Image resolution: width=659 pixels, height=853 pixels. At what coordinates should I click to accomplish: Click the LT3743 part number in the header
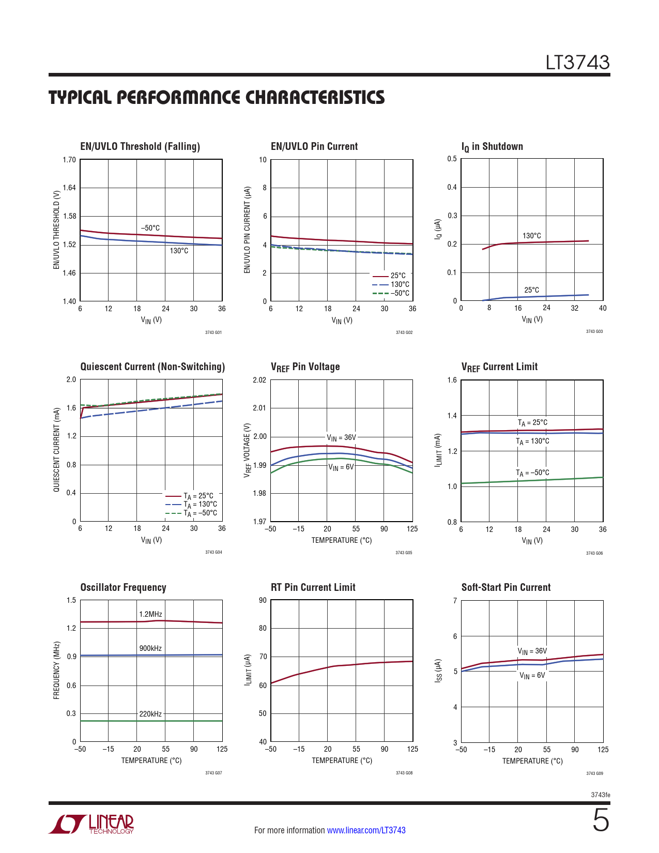pyautogui.click(x=578, y=63)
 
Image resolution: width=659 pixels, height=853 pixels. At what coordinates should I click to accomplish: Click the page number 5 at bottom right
pyautogui.click(x=601, y=820)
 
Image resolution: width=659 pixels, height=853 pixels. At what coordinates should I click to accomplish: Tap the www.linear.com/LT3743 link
pyautogui.click(x=366, y=830)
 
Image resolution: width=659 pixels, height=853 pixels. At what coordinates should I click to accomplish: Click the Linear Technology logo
pyautogui.click(x=91, y=824)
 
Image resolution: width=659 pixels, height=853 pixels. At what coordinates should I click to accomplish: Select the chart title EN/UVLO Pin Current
pyautogui.click(x=314, y=146)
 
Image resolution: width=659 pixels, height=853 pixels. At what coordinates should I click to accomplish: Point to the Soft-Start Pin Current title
pyautogui.click(x=505, y=587)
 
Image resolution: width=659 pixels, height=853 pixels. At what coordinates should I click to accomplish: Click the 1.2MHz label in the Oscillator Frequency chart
pyautogui.click(x=150, y=614)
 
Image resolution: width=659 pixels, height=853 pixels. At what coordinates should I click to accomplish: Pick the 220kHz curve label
pyautogui.click(x=150, y=714)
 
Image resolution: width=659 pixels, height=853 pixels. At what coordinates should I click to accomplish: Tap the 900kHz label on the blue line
pyautogui.click(x=150, y=648)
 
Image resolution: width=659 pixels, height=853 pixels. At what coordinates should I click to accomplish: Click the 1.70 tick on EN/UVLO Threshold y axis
pyautogui.click(x=69, y=160)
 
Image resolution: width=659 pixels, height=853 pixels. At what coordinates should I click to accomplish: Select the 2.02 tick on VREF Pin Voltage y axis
pyautogui.click(x=259, y=380)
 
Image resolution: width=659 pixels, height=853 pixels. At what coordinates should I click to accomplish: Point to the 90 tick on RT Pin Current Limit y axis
pyautogui.click(x=263, y=600)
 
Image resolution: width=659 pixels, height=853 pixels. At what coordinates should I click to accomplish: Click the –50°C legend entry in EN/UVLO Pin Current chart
pyautogui.click(x=400, y=293)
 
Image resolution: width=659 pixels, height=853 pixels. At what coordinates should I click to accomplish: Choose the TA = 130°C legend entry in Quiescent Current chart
pyautogui.click(x=200, y=505)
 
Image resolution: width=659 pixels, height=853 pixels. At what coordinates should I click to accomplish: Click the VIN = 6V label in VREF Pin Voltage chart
pyautogui.click(x=341, y=467)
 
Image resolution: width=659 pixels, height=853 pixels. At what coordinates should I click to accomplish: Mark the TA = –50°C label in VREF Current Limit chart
pyautogui.click(x=532, y=473)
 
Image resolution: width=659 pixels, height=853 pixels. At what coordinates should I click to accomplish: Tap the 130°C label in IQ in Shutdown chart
pyautogui.click(x=531, y=236)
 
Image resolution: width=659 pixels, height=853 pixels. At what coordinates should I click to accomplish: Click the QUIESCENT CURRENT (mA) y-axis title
pyautogui.click(x=56, y=450)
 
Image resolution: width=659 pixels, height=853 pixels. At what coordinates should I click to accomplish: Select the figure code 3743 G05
pyautogui.click(x=404, y=553)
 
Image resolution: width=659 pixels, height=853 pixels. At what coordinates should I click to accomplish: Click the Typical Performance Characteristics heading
pyautogui.click(x=217, y=98)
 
